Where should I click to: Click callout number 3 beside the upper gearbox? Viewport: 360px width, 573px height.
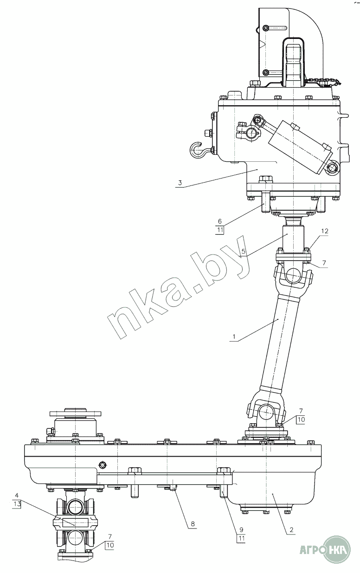180,183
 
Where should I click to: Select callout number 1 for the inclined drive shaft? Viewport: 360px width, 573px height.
233,337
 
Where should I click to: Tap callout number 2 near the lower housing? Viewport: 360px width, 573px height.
291,529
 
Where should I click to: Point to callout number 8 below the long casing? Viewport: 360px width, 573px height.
193,523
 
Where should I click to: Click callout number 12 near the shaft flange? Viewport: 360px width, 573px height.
325,231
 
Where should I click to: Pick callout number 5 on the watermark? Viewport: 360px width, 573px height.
244,251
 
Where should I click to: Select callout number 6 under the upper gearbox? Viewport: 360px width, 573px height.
220,221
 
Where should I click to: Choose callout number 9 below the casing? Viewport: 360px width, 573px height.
241,529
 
